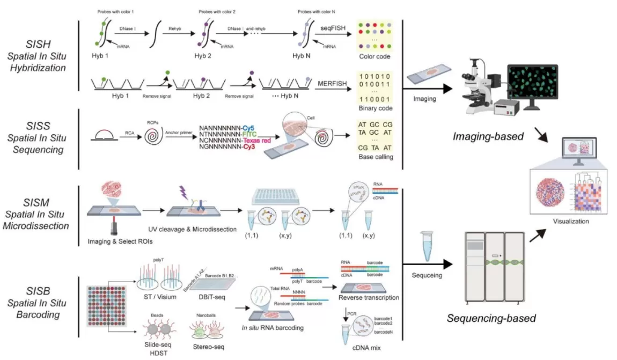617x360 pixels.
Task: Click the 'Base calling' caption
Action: click(376, 157)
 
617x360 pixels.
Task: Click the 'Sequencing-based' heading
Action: click(491, 319)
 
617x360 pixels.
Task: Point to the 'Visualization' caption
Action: click(570, 221)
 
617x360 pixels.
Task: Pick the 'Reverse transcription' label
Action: click(369, 298)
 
